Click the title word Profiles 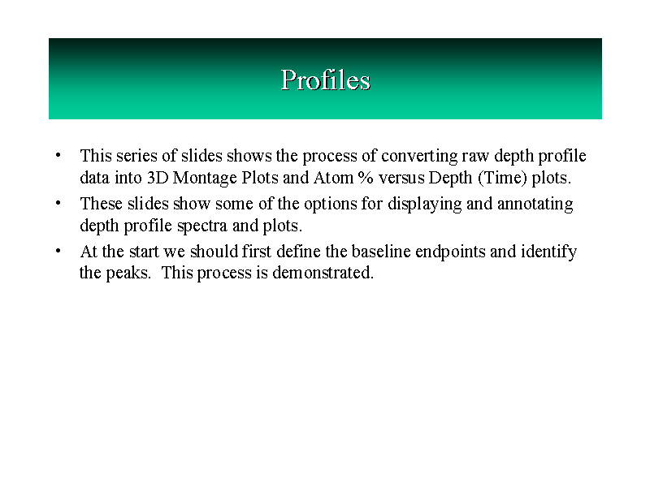point(326,80)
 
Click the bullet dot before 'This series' point(58,155)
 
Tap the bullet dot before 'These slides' point(58,203)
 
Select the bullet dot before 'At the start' point(58,251)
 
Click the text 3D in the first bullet point(158,178)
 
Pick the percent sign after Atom point(366,178)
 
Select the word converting point(419,157)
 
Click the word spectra point(202,226)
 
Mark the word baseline point(381,252)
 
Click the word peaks point(128,274)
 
